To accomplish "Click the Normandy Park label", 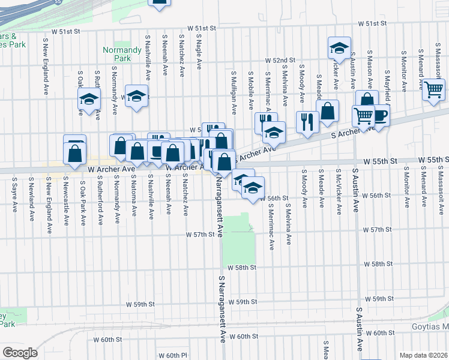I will tap(116, 55).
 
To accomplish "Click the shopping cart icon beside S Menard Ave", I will tap(433, 90).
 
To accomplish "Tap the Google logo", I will tap(19, 353).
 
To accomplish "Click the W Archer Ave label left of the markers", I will tap(111, 170).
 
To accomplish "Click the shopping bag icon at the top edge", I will tap(160, 3).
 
